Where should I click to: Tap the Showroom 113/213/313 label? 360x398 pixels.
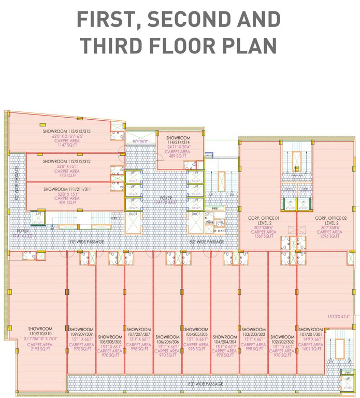67,132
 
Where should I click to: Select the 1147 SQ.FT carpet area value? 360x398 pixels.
67,146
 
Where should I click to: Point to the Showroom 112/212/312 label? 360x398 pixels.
67,162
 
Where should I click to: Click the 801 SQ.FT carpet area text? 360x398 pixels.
67,203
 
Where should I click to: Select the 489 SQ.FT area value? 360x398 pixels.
178,156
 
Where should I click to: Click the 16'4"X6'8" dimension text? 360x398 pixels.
140,141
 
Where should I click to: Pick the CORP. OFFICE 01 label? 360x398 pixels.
264,219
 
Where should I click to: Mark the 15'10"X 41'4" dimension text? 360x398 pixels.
338,316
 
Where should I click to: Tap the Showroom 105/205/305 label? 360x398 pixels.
196,330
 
